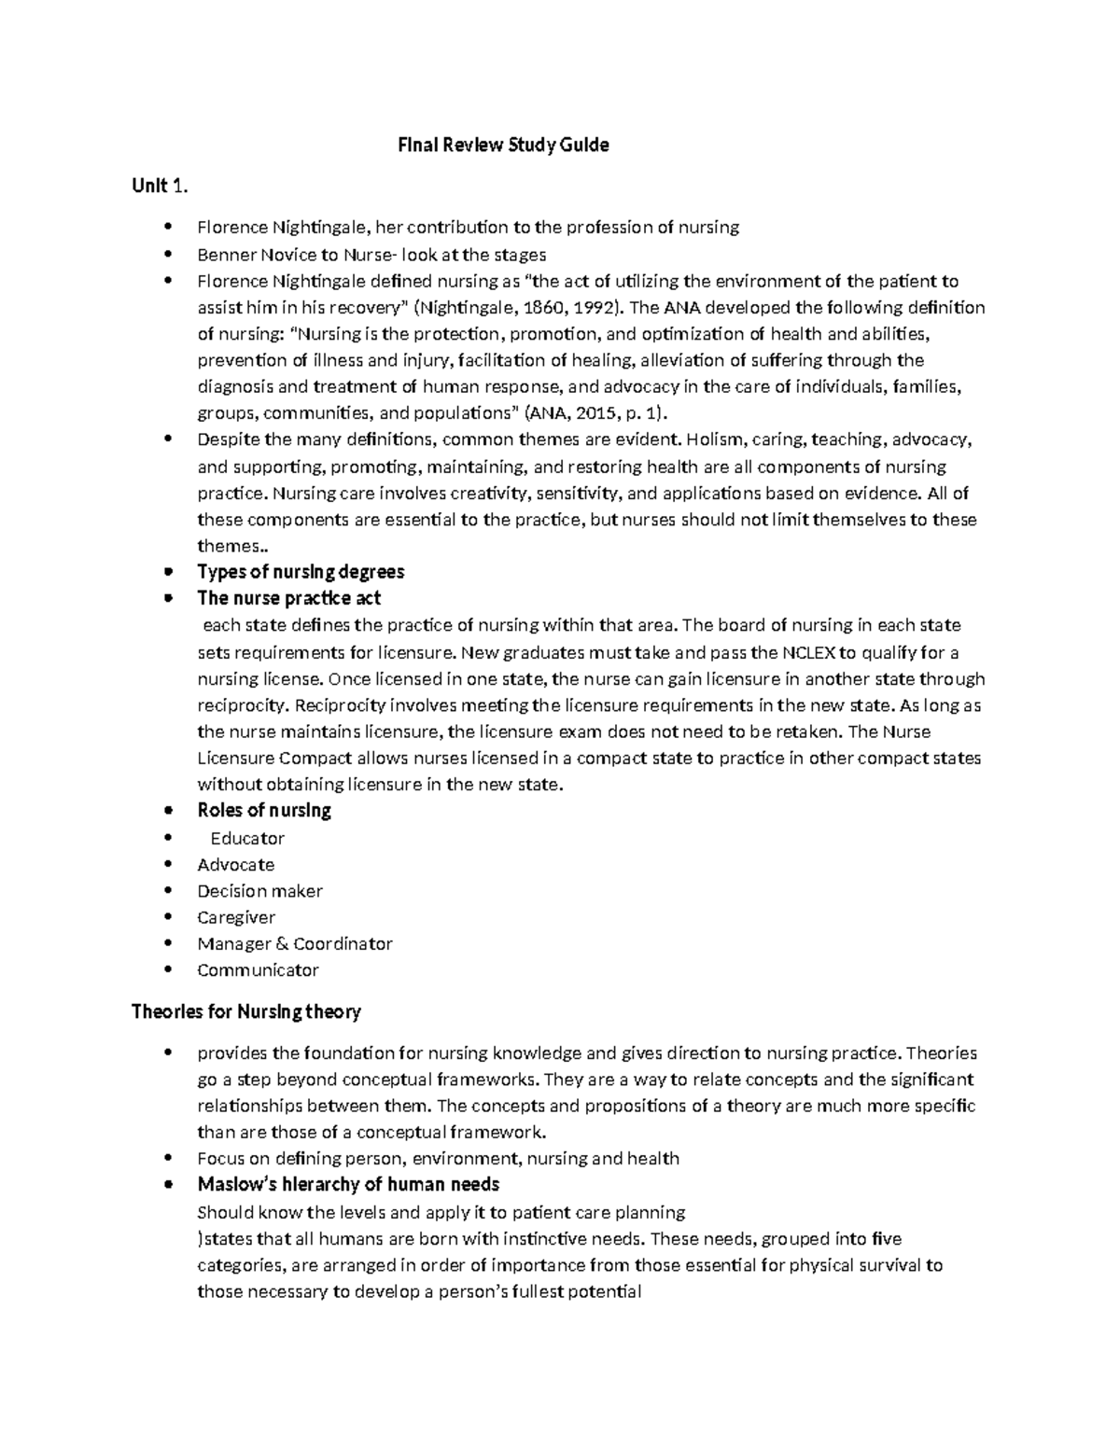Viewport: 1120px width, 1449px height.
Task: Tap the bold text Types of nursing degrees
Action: (x=301, y=572)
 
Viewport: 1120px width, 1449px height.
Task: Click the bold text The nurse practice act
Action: (x=288, y=598)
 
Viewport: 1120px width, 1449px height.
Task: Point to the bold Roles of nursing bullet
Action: (x=264, y=810)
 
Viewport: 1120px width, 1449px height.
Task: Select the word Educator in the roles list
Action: (x=247, y=838)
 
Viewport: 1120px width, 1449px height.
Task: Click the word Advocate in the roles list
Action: (x=236, y=864)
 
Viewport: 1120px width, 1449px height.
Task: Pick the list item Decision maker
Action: (x=259, y=891)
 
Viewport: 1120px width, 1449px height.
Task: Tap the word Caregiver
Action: (x=236, y=917)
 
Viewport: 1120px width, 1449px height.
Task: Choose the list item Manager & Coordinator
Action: (x=295, y=943)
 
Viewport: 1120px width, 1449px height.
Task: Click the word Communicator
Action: (x=258, y=970)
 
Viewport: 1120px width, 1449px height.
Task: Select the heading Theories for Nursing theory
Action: (x=246, y=1011)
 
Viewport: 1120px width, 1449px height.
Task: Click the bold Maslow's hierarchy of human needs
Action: (x=348, y=1185)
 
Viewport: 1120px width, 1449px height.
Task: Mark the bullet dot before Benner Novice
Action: (x=168, y=254)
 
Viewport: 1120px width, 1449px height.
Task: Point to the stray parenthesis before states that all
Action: (x=200, y=1240)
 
